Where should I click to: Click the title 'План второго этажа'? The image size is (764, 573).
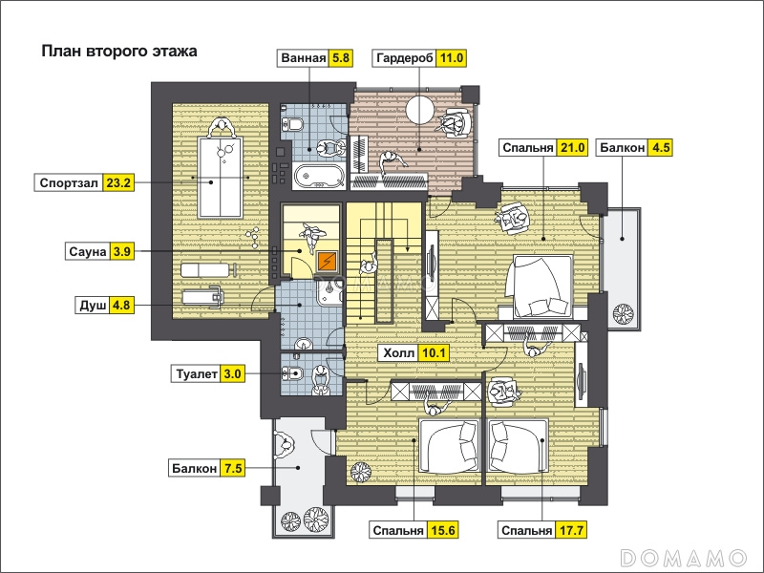click(x=118, y=52)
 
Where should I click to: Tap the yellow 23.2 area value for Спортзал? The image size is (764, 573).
click(x=118, y=183)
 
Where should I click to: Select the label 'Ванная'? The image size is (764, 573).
click(x=303, y=58)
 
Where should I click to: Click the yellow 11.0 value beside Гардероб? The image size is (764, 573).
click(x=451, y=58)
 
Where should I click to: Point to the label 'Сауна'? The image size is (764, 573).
click(x=88, y=251)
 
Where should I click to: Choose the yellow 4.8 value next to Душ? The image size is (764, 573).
click(x=121, y=305)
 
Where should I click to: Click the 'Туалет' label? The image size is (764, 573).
click(x=197, y=374)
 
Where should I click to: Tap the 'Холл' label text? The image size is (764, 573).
click(x=399, y=352)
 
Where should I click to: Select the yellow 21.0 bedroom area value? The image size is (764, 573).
click(x=572, y=148)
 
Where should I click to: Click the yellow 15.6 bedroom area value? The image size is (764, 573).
click(x=443, y=530)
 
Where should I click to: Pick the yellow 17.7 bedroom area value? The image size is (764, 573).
click(x=571, y=530)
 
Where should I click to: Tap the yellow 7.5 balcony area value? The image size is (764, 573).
click(x=233, y=468)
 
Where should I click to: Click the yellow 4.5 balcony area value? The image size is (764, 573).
click(x=661, y=148)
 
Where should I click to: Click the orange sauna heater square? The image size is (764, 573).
click(x=327, y=262)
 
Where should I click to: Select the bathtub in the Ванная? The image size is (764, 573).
click(x=319, y=176)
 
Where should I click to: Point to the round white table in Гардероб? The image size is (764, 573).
click(x=420, y=110)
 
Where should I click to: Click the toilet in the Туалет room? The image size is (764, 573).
click(x=292, y=373)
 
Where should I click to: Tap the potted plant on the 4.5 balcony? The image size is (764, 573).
click(x=624, y=313)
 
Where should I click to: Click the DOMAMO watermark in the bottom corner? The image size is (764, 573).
click(x=684, y=557)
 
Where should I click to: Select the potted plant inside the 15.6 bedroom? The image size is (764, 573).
click(x=361, y=472)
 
